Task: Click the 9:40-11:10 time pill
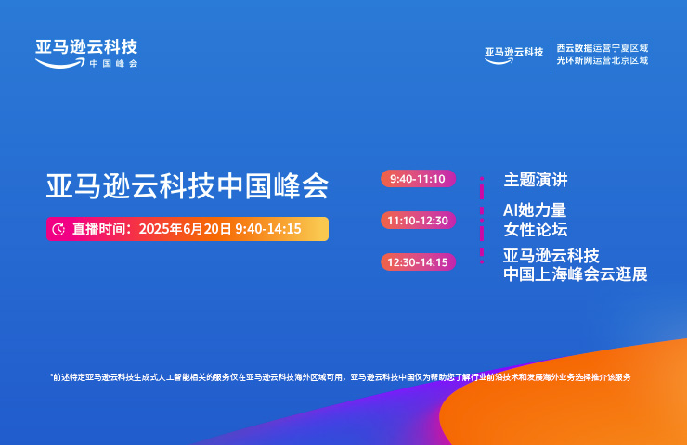(419, 179)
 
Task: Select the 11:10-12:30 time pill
(419, 220)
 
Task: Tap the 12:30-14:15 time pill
(419, 262)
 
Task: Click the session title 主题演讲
(536, 180)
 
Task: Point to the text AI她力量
(535, 210)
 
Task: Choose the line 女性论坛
(536, 229)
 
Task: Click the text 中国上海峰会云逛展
(576, 274)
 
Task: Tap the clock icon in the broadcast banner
(58, 229)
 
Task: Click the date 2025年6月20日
(185, 229)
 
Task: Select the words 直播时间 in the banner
(99, 229)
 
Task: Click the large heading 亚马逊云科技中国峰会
(188, 186)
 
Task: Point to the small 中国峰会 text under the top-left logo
(114, 63)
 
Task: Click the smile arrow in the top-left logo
(60, 64)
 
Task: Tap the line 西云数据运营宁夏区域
(603, 47)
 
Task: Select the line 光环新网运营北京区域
(603, 60)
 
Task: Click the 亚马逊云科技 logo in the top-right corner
(514, 55)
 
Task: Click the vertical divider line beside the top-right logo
(551, 55)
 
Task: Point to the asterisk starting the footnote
(52, 375)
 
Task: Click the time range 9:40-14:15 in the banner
(268, 229)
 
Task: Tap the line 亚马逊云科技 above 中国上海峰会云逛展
(551, 256)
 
